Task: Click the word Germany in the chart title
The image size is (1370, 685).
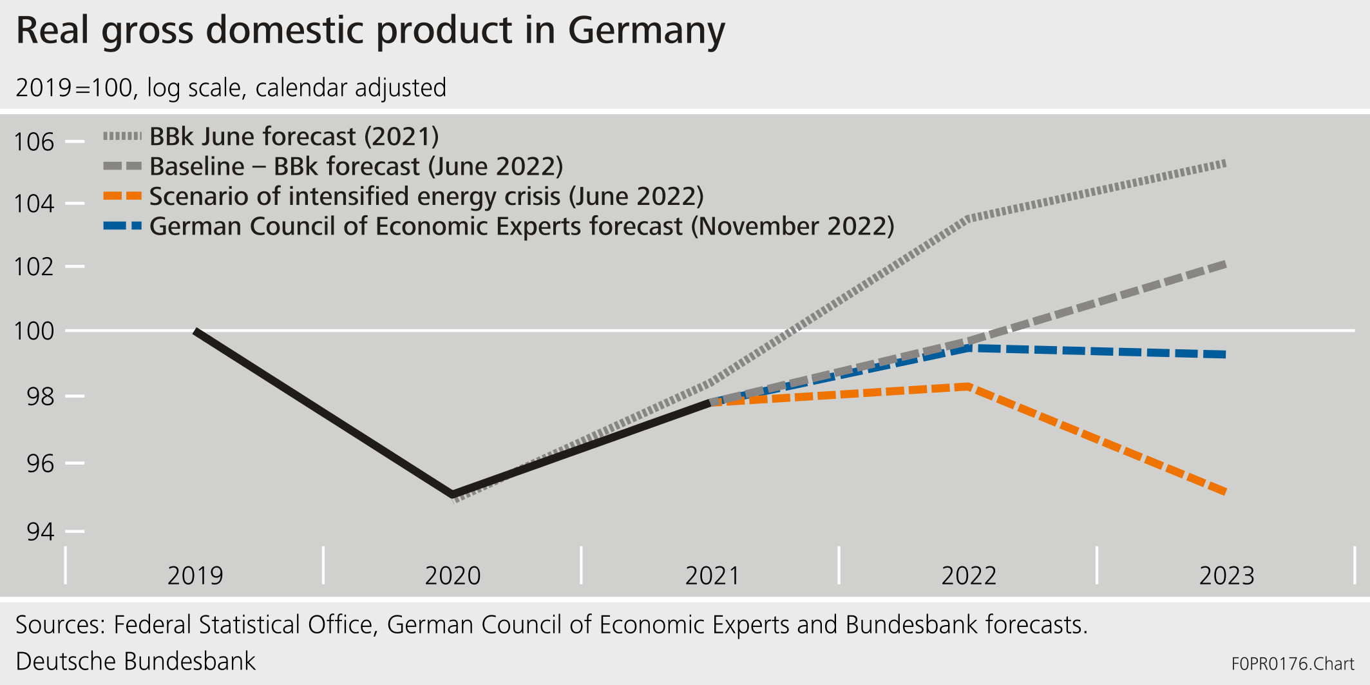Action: point(646,31)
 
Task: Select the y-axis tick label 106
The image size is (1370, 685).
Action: point(35,142)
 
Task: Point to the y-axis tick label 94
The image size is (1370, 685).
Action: point(40,532)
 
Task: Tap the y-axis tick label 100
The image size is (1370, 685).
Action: point(35,331)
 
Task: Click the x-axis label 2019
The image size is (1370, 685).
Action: point(195,575)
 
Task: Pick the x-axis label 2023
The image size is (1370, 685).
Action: point(1226,575)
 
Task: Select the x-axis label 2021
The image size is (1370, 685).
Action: point(712,575)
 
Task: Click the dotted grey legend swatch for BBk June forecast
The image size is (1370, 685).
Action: point(122,137)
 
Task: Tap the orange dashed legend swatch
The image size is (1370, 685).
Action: point(122,196)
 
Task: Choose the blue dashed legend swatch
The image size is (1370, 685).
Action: point(122,226)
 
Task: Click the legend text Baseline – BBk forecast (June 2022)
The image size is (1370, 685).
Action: point(356,166)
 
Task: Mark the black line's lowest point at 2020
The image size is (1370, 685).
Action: point(453,495)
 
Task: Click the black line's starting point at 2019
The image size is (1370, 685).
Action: point(196,331)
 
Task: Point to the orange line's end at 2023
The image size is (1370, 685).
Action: point(1224,492)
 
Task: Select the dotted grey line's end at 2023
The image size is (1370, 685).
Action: point(1224,164)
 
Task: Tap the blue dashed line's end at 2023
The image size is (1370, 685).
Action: point(1224,354)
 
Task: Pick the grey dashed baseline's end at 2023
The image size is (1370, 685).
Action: point(1224,264)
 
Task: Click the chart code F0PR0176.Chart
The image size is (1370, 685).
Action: point(1292,664)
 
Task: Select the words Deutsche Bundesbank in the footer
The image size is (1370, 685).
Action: point(135,662)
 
